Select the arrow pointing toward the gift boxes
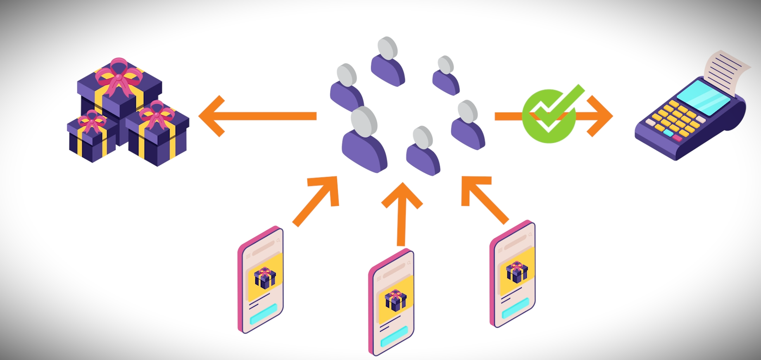click(256, 116)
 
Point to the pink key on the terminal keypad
click(678, 138)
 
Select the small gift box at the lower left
click(91, 136)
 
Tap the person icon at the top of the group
click(388, 62)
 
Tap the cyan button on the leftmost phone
click(263, 314)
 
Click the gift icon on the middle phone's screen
click(395, 300)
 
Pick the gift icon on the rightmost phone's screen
click(517, 272)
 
